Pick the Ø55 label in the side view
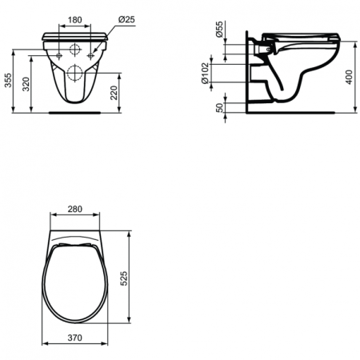point(220,33)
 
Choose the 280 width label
point(76,210)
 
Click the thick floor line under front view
point(76,113)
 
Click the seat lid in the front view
point(76,35)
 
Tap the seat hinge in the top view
point(76,244)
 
